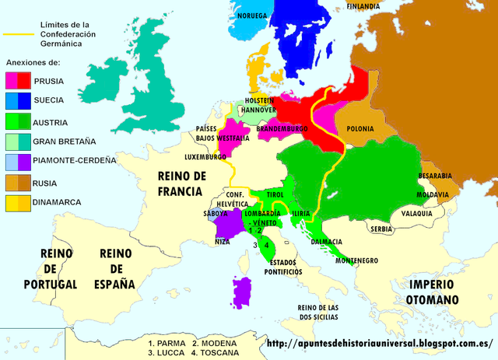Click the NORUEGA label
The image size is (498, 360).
pos(253,16)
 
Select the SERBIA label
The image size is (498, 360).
pos(381,229)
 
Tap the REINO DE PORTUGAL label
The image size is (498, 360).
pos(49,269)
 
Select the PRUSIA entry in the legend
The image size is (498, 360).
pos(49,80)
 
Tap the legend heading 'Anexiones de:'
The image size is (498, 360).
pos(32,61)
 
